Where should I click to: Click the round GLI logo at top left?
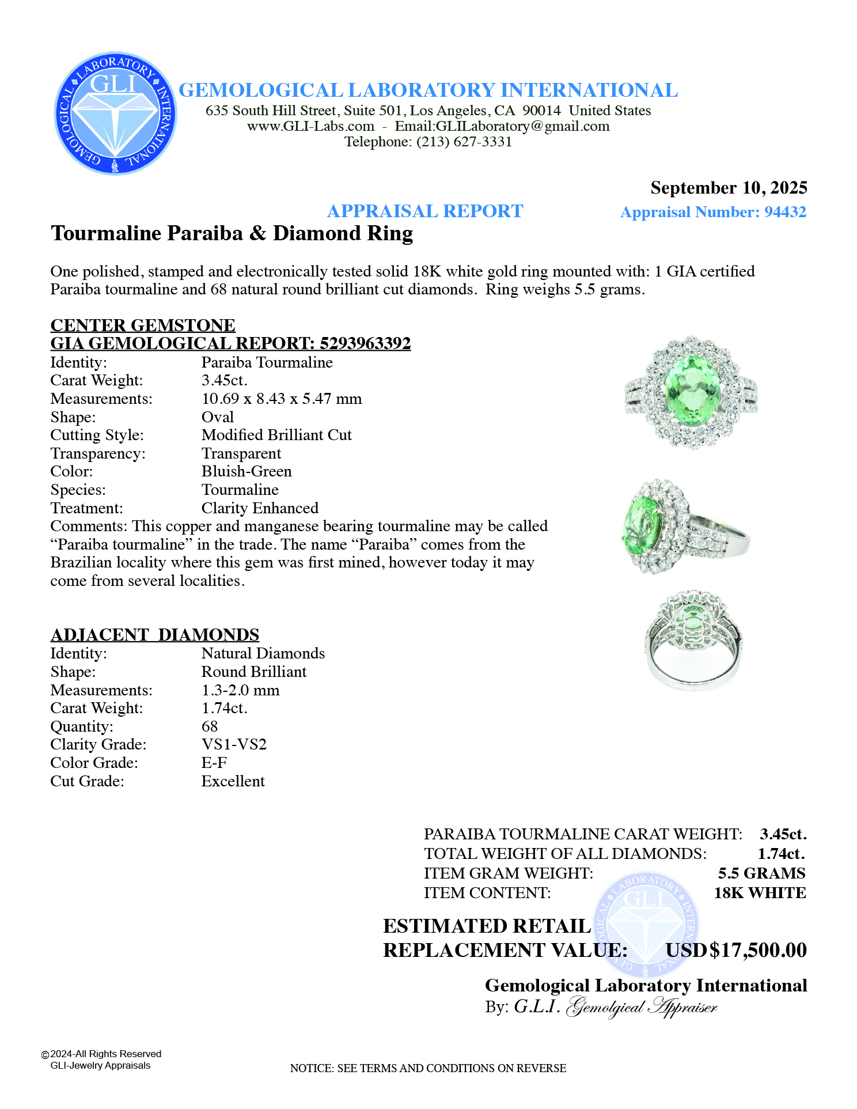click(x=115, y=113)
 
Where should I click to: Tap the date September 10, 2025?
click(x=729, y=188)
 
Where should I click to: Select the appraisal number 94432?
click(x=785, y=212)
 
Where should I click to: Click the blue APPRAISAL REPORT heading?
click(x=425, y=211)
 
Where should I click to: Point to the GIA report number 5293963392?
click(x=365, y=343)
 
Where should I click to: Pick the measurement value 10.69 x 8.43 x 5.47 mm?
click(x=282, y=399)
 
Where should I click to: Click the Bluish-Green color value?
click(x=247, y=471)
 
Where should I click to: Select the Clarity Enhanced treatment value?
click(x=260, y=508)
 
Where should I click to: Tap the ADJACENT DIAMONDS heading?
click(x=155, y=635)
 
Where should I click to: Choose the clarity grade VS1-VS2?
click(x=234, y=744)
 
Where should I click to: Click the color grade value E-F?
click(x=214, y=763)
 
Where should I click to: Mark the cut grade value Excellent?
click(x=233, y=781)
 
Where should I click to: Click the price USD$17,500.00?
click(x=736, y=950)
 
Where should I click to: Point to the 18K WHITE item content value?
click(x=760, y=893)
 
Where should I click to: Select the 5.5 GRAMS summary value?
click(x=761, y=873)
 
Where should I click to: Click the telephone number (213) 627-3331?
click(x=464, y=142)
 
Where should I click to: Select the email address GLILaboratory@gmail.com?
click(x=502, y=126)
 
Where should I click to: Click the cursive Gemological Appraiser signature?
click(x=642, y=1007)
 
